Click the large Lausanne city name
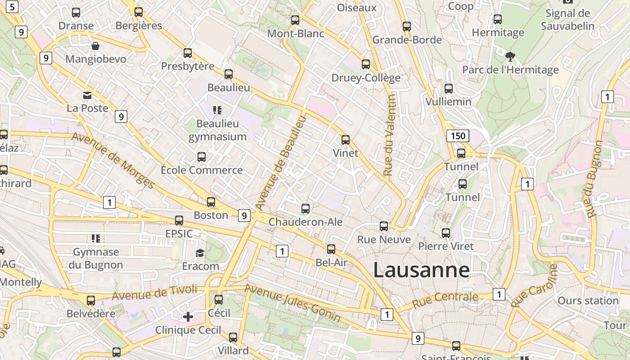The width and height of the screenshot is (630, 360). [421, 270]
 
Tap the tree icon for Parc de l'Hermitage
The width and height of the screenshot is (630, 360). [510, 57]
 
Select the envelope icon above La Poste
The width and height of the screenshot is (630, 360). [87, 95]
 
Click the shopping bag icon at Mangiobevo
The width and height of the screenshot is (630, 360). [95, 46]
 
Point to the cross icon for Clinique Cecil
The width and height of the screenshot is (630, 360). [188, 317]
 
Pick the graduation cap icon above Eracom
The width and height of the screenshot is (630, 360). [200, 253]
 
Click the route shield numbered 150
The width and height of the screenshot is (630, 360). [458, 135]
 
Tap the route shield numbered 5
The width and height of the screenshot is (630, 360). [12, 7]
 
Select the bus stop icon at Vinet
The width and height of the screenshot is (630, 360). [346, 140]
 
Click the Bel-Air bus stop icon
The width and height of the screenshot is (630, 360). [331, 249]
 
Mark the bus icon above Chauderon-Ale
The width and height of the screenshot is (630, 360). [306, 209]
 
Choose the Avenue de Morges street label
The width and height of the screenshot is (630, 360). [113, 160]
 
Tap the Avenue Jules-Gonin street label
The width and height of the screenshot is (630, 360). [292, 303]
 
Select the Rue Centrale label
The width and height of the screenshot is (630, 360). [445, 299]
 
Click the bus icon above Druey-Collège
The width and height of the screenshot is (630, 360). [366, 64]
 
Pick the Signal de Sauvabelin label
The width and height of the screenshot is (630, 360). [567, 19]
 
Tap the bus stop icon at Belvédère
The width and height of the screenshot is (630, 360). [91, 300]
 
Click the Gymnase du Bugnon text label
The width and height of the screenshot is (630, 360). [96, 258]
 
